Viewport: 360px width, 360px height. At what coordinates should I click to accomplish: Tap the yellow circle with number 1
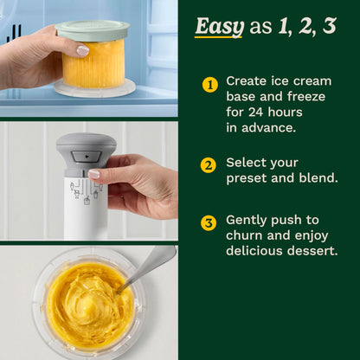click(x=209, y=85)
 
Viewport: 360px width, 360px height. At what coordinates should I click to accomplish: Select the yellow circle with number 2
click(x=209, y=166)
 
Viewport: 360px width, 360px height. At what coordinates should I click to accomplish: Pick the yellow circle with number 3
click(x=209, y=223)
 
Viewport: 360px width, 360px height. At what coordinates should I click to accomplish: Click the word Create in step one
click(x=247, y=80)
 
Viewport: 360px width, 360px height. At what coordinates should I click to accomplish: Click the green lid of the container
click(x=93, y=30)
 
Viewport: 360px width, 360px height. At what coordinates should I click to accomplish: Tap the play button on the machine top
click(x=81, y=157)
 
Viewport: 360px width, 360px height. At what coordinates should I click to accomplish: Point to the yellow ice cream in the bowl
click(x=87, y=303)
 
